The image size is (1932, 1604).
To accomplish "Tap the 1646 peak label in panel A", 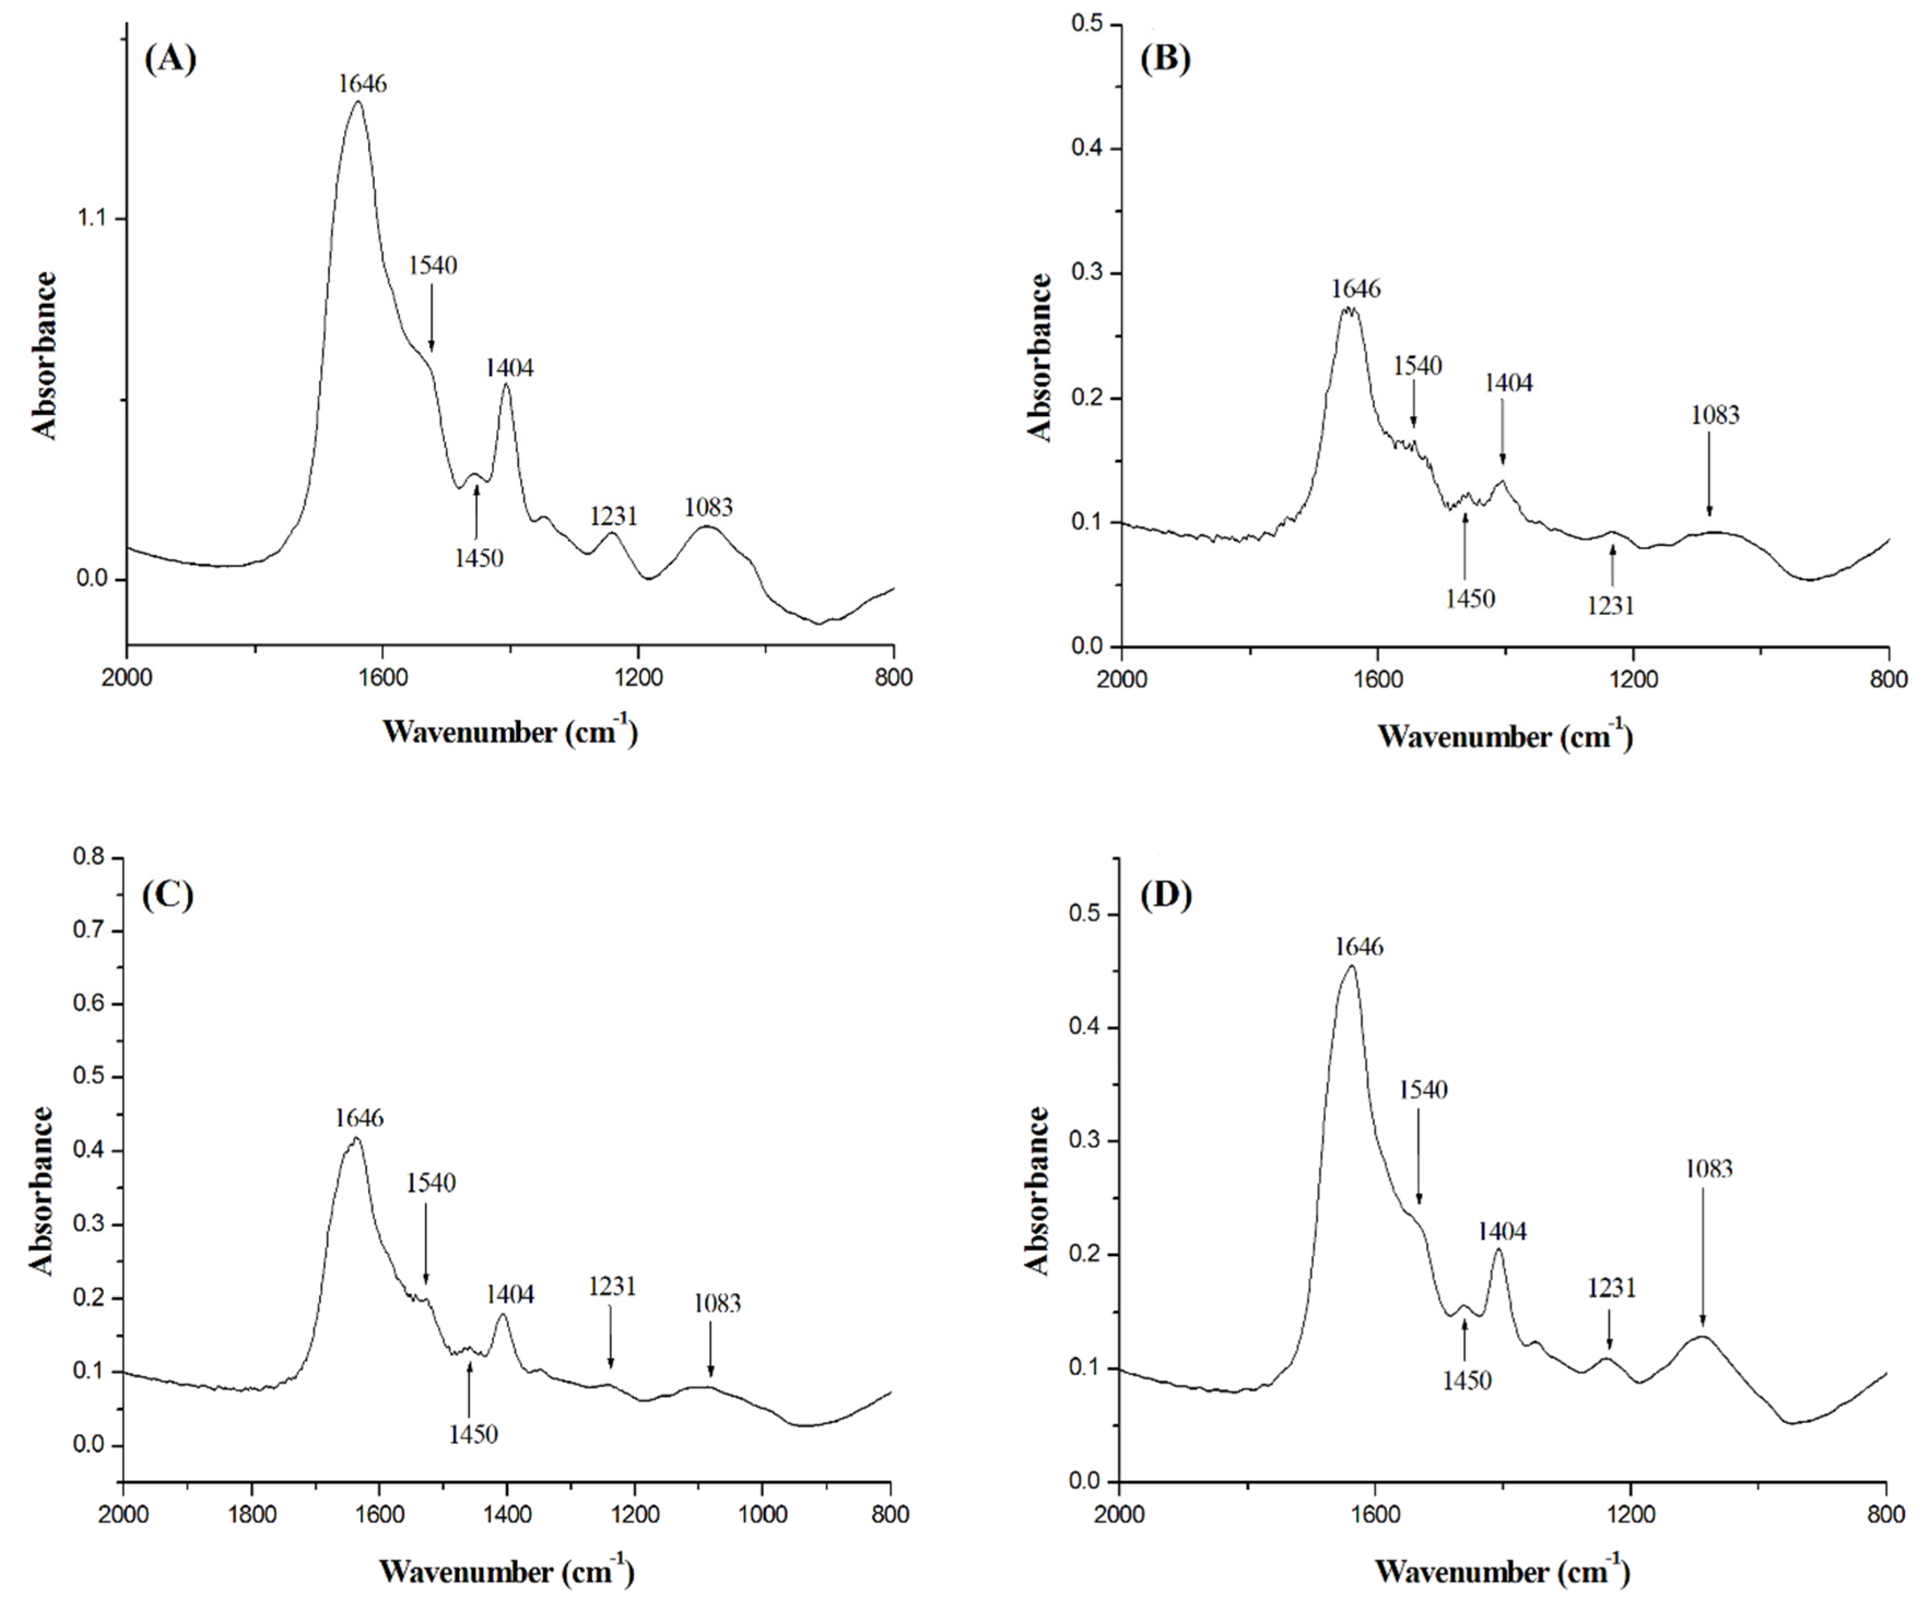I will [362, 84].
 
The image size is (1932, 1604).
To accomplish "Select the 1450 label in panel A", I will [479, 558].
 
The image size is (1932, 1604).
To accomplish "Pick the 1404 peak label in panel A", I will [510, 369].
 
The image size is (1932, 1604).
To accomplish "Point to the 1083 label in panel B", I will [1715, 416].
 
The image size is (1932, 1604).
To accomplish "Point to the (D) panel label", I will [1165, 895].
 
